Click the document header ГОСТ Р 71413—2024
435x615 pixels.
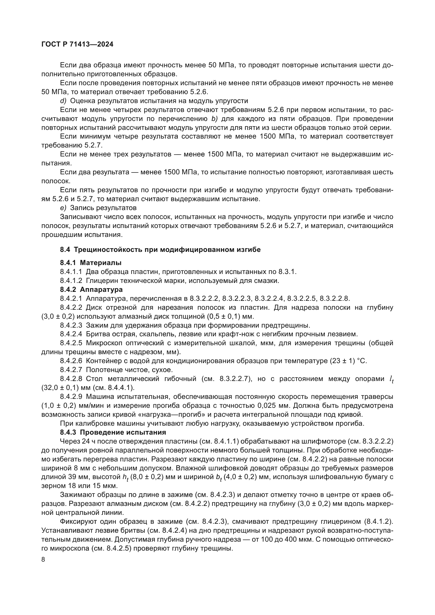77,44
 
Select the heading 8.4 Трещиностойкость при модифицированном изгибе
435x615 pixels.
160,250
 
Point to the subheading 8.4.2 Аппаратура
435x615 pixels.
91,289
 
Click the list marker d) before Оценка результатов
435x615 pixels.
63,101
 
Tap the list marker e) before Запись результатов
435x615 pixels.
63,208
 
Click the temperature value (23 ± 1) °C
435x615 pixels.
347,361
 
